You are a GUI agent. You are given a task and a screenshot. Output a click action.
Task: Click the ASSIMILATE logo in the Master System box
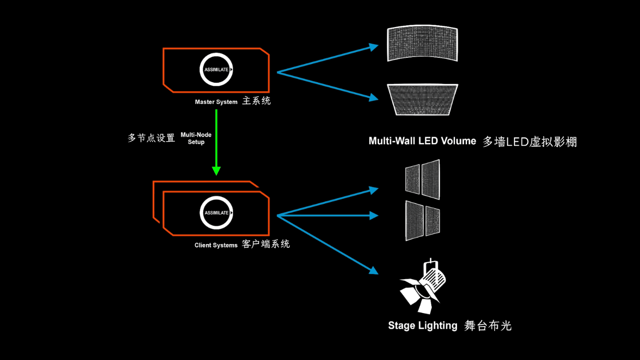pyautogui.click(x=216, y=70)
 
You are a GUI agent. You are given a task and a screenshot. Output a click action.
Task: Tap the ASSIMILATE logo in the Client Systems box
pyautogui.click(x=216, y=213)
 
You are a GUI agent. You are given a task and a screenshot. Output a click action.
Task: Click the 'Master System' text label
pyautogui.click(x=216, y=102)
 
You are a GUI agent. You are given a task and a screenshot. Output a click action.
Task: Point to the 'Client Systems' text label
pyautogui.click(x=216, y=246)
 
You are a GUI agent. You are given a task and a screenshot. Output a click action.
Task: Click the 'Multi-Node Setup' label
pyautogui.click(x=196, y=139)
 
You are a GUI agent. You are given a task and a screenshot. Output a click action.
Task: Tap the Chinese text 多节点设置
pyautogui.click(x=151, y=138)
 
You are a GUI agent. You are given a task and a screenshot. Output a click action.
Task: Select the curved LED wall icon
pyautogui.click(x=422, y=44)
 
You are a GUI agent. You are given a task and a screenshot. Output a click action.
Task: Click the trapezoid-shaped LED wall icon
pyautogui.click(x=422, y=100)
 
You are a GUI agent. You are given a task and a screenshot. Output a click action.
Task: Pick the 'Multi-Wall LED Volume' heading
pyautogui.click(x=422, y=141)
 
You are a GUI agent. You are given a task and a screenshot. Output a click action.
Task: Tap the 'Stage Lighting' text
pyautogui.click(x=423, y=326)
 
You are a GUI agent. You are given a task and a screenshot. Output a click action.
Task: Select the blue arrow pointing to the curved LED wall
pyautogui.click(x=328, y=59)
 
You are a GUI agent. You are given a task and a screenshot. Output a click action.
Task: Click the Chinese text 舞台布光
pyautogui.click(x=488, y=326)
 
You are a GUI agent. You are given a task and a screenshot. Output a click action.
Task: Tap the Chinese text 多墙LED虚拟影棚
pyautogui.click(x=530, y=142)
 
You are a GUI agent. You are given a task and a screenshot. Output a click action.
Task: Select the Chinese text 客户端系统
pyautogui.click(x=266, y=245)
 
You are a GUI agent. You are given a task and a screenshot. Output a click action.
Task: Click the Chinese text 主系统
pyautogui.click(x=256, y=101)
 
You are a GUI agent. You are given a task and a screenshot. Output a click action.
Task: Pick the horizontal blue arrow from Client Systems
pyautogui.click(x=328, y=215)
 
